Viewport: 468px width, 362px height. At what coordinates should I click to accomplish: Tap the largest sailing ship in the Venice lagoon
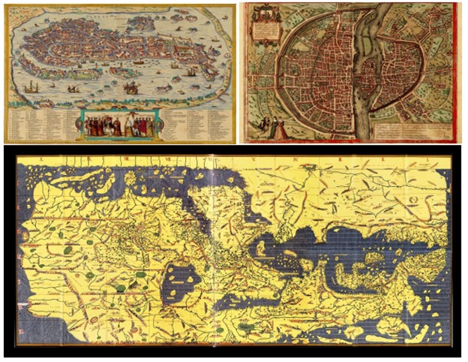pos(130,89)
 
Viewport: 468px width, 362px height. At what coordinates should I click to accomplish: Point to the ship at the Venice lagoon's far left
pos(30,88)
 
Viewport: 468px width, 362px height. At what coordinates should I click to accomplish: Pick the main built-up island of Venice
pos(105,49)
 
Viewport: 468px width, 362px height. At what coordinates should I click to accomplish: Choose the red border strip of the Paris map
pos(458,71)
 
